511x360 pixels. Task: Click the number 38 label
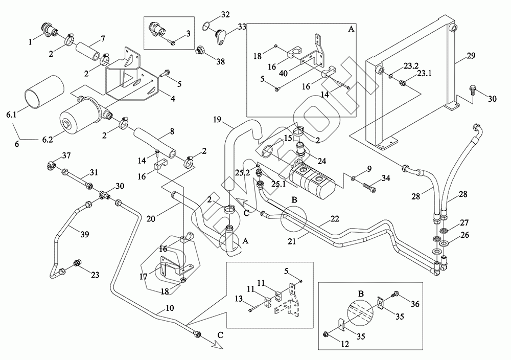pyautogui.click(x=220, y=61)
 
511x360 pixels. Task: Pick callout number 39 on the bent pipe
pyautogui.click(x=85, y=235)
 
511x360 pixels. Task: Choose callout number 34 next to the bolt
pyautogui.click(x=385, y=178)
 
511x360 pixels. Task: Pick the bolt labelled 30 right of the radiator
pyautogui.click(x=473, y=94)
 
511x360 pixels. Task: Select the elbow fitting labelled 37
pyautogui.click(x=51, y=165)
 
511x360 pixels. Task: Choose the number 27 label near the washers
pyautogui.click(x=464, y=223)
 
